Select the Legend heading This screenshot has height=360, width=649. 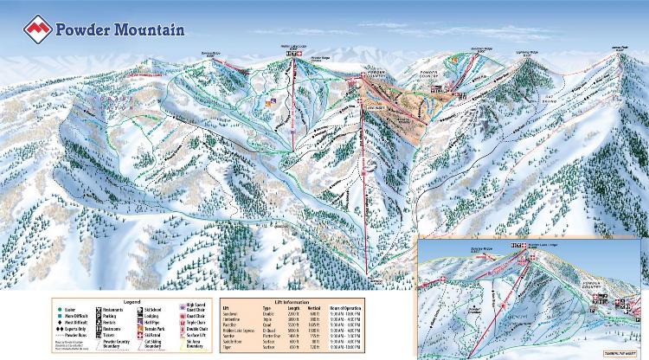coord(131,301)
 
